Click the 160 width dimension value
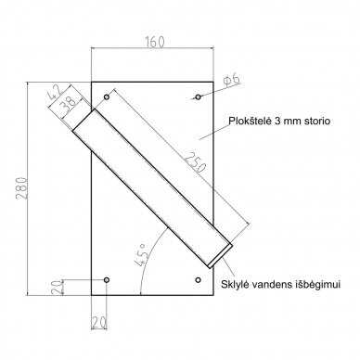pyautogui.click(x=154, y=42)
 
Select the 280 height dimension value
pyautogui.click(x=22, y=188)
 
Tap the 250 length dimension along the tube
pyautogui.click(x=195, y=162)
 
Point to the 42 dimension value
pyautogui.click(x=56, y=92)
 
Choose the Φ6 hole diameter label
pyautogui.click(x=232, y=80)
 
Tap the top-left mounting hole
pyautogui.click(x=107, y=97)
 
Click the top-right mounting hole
pyautogui.click(x=198, y=97)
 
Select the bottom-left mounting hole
pyautogui.click(x=107, y=280)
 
